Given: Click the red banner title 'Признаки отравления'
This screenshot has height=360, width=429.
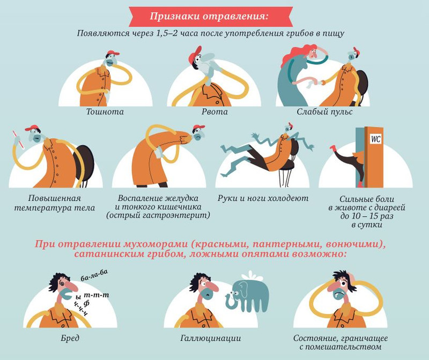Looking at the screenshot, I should (x=210, y=16).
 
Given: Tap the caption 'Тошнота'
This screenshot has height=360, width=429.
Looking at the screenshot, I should (x=105, y=112).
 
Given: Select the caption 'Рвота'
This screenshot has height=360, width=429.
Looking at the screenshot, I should (x=214, y=112).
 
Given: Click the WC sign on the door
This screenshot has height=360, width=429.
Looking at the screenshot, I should (x=375, y=139).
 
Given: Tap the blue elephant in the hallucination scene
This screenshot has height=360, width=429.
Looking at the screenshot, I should (x=249, y=294).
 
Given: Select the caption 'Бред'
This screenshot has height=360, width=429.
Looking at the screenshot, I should (x=70, y=338).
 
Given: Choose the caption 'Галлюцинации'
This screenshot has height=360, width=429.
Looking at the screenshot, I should (x=210, y=338).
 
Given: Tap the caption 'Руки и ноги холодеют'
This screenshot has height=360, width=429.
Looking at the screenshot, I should (x=263, y=198).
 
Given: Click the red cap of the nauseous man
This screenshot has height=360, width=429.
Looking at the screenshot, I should (x=112, y=52).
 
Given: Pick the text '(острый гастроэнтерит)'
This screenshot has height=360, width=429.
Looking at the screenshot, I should (x=158, y=215).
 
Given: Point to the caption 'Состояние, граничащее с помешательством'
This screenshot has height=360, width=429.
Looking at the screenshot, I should (x=341, y=342).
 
